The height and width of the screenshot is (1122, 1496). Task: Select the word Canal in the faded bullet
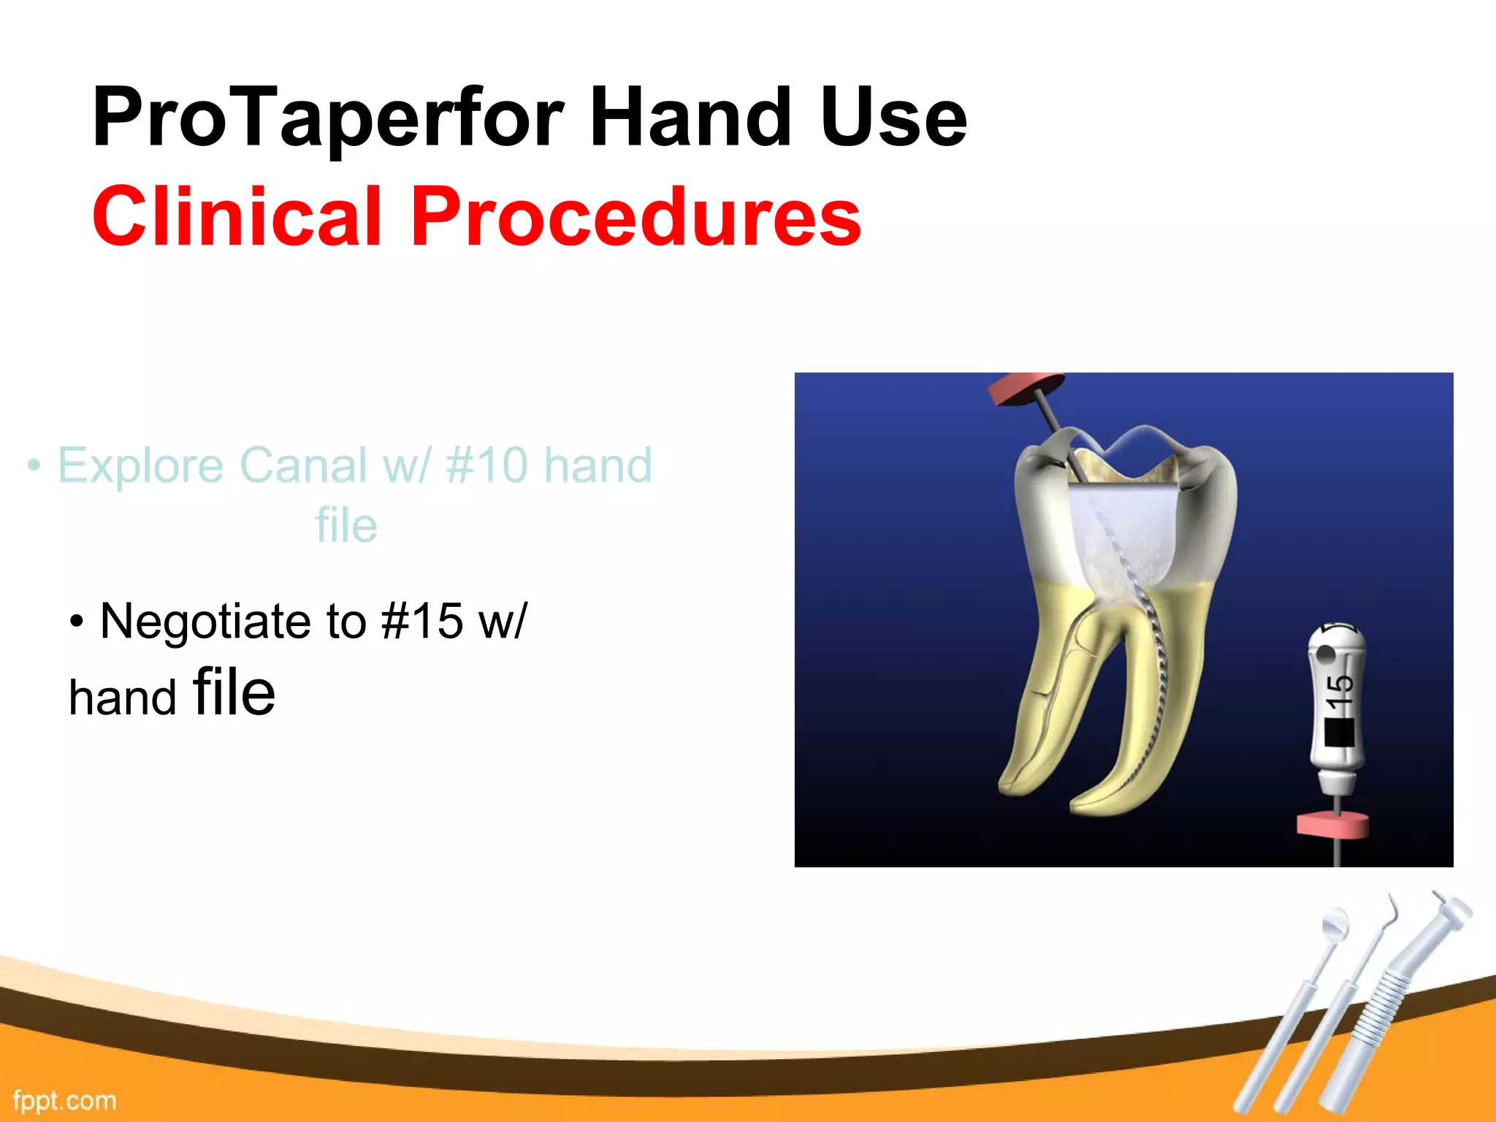point(304,465)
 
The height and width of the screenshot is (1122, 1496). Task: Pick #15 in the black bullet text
point(421,622)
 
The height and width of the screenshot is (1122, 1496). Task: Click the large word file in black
point(234,692)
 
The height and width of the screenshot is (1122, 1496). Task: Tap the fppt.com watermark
point(64,1100)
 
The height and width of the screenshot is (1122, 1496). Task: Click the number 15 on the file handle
point(1339,691)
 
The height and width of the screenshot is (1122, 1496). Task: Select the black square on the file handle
point(1339,733)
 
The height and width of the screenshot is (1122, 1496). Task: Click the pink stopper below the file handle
point(1332,824)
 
